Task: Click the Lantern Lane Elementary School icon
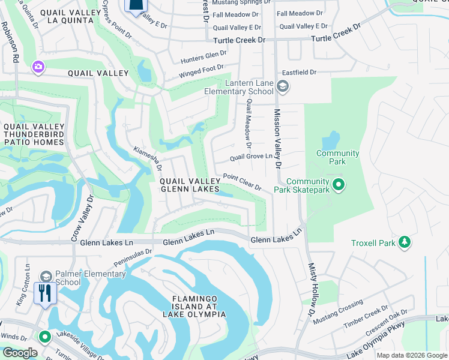[x=282, y=87]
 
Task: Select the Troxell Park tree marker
[x=405, y=242]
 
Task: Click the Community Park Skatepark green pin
[x=338, y=185]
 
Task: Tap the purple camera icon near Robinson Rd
[x=38, y=66]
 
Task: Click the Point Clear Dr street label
[x=242, y=182]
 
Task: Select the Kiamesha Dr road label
[x=148, y=158]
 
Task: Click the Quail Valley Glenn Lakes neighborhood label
[x=188, y=185]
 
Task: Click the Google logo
[x=20, y=353]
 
